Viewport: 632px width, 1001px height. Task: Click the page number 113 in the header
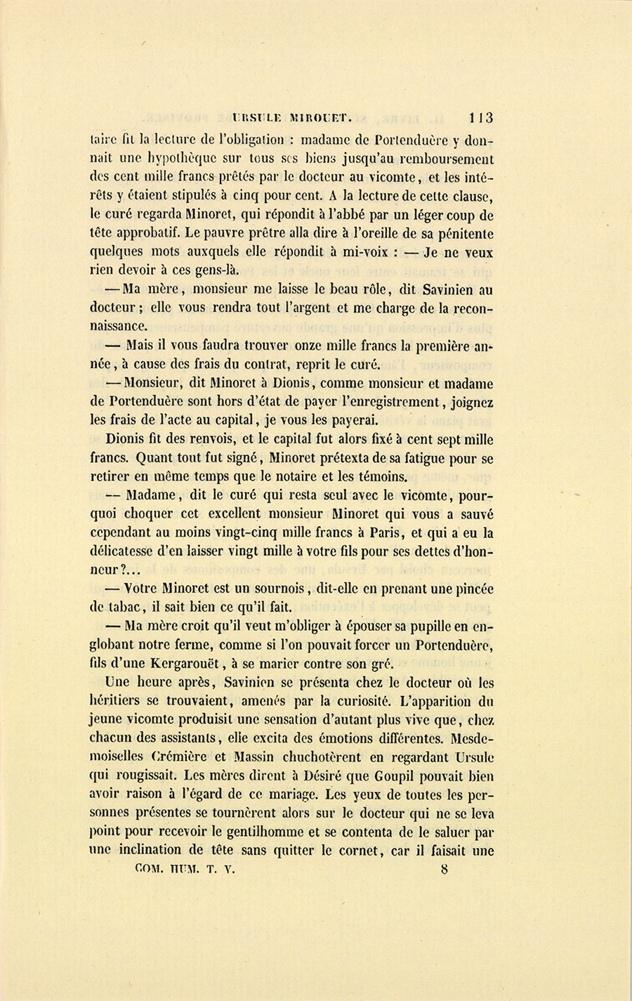[x=482, y=117]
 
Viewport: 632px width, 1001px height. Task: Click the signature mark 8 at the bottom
[x=445, y=870]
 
